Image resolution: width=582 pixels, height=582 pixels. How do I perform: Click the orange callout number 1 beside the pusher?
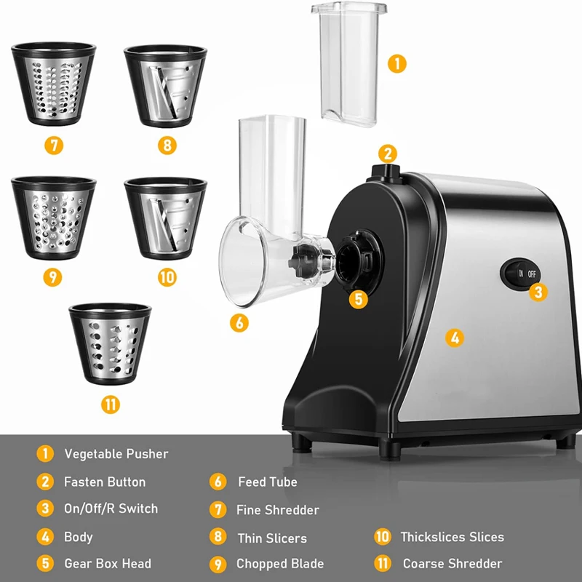click(x=396, y=63)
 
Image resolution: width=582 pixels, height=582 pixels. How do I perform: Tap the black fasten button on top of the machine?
click(x=388, y=171)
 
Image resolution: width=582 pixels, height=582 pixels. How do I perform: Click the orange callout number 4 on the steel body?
click(x=454, y=338)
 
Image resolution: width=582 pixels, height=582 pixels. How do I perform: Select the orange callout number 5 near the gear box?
click(x=358, y=298)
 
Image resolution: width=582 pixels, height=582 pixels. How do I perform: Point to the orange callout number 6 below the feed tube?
click(x=239, y=322)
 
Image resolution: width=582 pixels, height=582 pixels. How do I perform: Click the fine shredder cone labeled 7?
click(x=53, y=83)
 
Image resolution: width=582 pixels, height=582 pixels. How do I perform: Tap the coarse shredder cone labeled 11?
click(x=110, y=343)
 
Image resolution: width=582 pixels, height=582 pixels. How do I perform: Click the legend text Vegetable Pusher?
click(x=116, y=454)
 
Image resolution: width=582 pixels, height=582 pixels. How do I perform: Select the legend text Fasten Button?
click(x=105, y=482)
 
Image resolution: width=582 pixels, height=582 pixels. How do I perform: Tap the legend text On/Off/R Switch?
click(x=111, y=509)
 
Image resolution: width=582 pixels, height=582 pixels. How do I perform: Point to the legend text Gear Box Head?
click(x=108, y=564)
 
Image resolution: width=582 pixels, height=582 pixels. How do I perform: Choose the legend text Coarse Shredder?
click(x=452, y=564)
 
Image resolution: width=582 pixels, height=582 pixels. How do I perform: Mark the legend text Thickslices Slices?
click(x=452, y=537)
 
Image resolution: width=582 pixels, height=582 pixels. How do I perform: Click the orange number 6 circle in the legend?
click(x=218, y=482)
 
